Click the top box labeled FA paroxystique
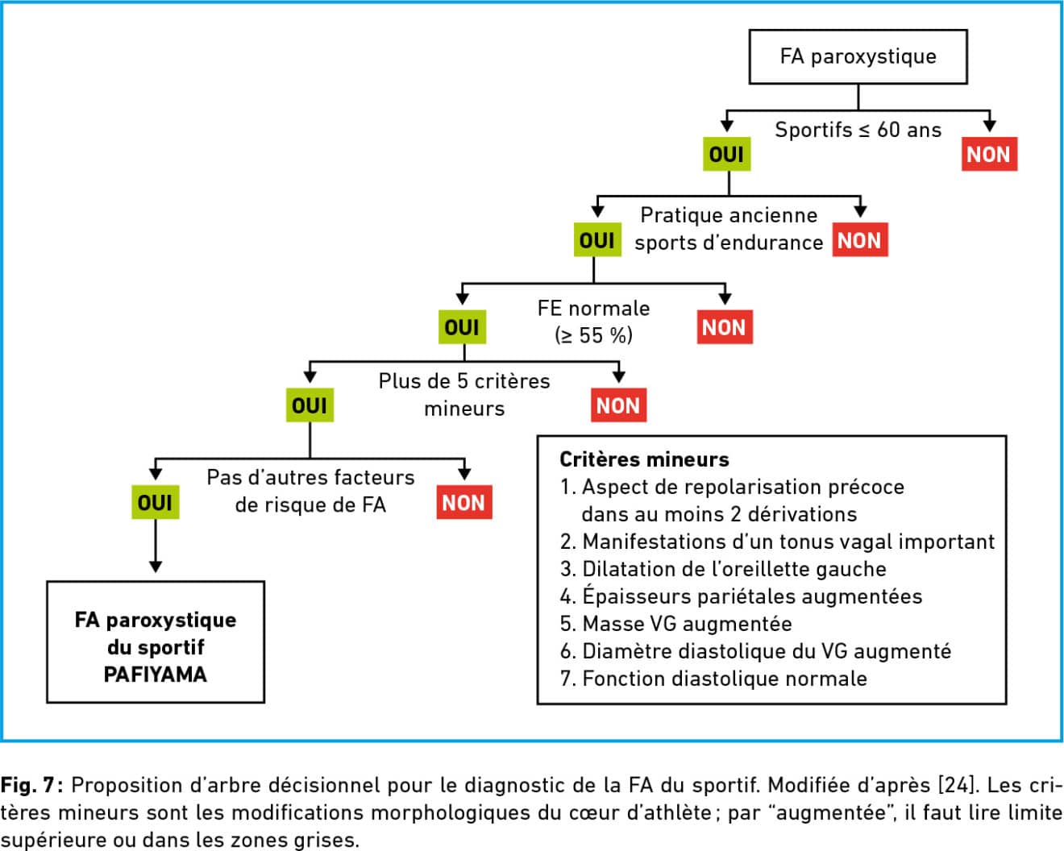(x=858, y=56)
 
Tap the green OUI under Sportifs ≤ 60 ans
(x=726, y=154)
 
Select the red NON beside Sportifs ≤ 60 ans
(x=989, y=154)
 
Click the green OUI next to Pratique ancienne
(x=597, y=240)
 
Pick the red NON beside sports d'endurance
(x=860, y=240)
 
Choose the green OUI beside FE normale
(x=462, y=327)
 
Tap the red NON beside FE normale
(x=725, y=327)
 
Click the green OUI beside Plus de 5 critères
(x=310, y=405)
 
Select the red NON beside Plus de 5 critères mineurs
(x=618, y=405)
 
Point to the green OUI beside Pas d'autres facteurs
(x=156, y=502)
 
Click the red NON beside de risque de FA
(x=463, y=502)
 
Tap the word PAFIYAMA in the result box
(x=156, y=675)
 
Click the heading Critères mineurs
(x=644, y=459)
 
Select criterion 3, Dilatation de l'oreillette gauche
(x=723, y=569)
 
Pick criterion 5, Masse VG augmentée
(x=675, y=624)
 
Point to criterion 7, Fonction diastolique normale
(x=713, y=679)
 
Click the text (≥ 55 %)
(x=593, y=336)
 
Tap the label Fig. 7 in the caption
(x=31, y=785)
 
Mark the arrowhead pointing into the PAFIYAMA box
(x=156, y=567)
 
